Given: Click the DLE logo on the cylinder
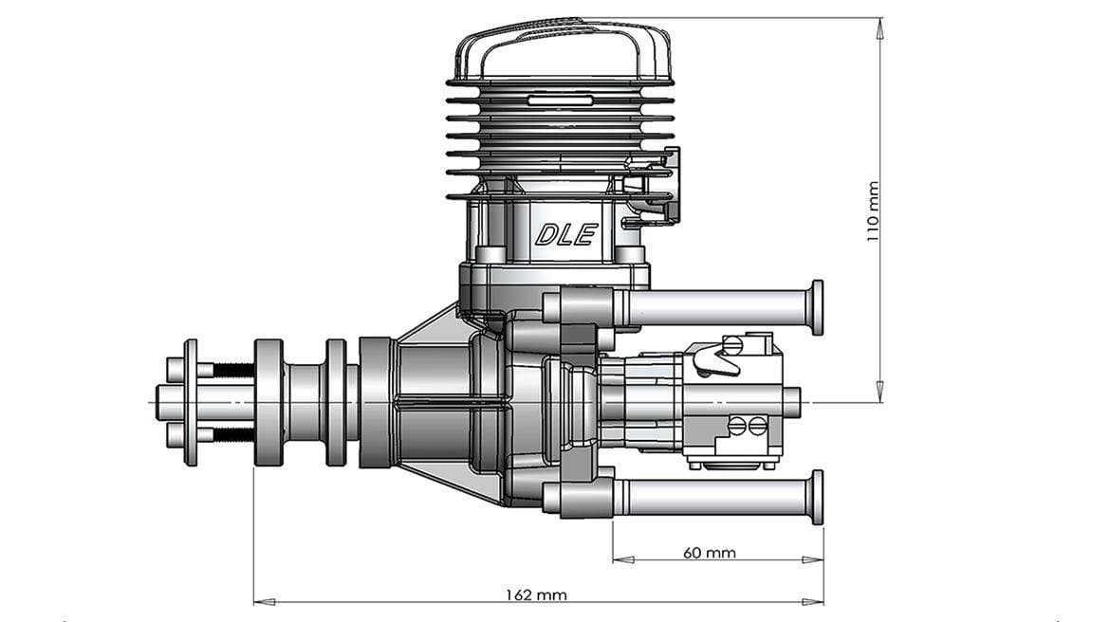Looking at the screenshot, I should [x=565, y=233].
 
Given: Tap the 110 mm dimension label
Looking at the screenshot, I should [x=873, y=210].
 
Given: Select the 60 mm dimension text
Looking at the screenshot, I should [x=709, y=552].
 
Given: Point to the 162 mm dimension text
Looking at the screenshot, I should [x=537, y=595].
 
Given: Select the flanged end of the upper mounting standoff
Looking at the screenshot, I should [x=815, y=307].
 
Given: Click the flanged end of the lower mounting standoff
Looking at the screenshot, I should [x=815, y=498].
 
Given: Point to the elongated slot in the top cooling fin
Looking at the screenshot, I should [x=561, y=99].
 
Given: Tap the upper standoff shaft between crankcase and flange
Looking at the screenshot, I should [x=712, y=307].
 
